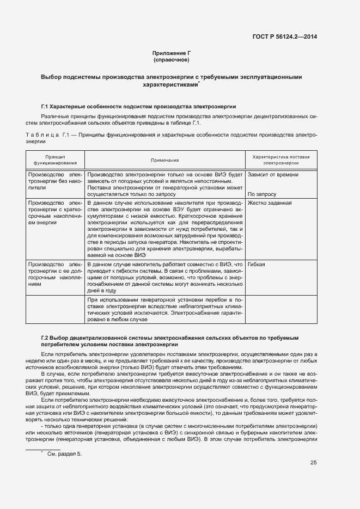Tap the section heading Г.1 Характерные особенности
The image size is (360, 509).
tap(138, 106)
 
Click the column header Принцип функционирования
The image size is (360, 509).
tap(55, 159)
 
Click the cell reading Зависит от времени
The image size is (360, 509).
tap(273, 175)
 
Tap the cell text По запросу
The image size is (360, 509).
tap(262, 194)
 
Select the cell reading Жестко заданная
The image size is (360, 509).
tap(270, 203)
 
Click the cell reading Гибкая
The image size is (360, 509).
tap(257, 264)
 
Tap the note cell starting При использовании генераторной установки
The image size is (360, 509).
tap(165, 309)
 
